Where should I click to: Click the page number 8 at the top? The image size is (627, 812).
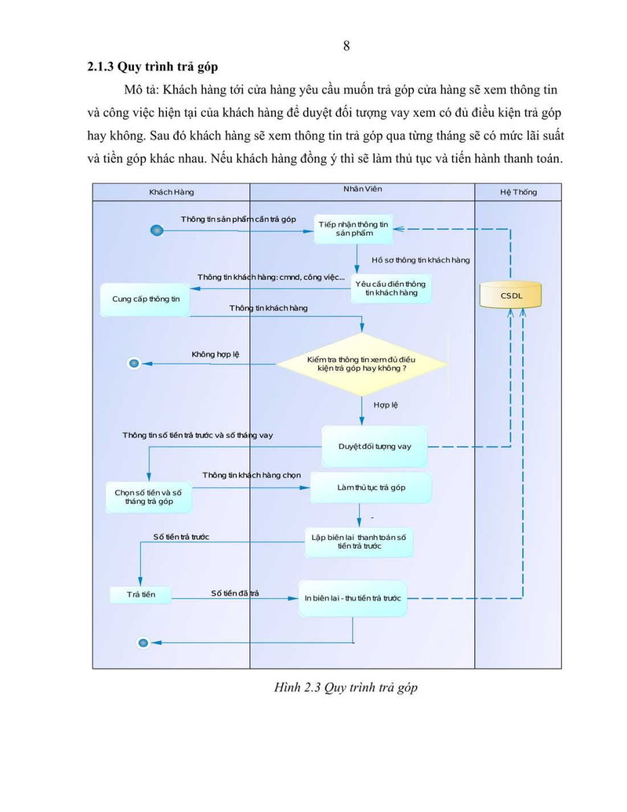(346, 45)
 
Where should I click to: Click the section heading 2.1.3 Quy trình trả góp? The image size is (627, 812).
(152, 67)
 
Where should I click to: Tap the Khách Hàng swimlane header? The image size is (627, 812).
(171, 192)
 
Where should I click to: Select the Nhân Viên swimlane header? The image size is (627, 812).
(363, 189)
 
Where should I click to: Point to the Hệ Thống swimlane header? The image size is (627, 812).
(518, 192)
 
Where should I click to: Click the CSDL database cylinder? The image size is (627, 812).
(511, 295)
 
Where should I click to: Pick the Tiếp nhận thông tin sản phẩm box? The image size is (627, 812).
(353, 229)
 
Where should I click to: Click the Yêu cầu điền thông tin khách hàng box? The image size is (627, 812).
(391, 288)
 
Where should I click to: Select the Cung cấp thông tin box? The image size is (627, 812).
(145, 299)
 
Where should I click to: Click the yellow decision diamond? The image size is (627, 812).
(361, 364)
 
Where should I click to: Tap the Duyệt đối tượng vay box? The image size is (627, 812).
(375, 446)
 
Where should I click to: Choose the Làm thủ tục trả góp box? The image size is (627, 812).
(371, 487)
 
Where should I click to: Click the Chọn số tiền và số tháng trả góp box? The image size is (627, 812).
(148, 497)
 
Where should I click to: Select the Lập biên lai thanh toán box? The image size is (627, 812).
(358, 542)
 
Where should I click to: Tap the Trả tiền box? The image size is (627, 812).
(141, 595)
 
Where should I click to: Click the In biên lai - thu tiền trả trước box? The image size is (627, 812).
(352, 598)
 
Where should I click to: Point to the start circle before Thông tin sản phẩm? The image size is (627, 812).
(157, 230)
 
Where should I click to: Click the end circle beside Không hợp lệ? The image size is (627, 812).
(134, 363)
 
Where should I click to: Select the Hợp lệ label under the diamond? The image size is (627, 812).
(386, 405)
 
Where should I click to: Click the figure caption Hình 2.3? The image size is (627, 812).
(346, 687)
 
